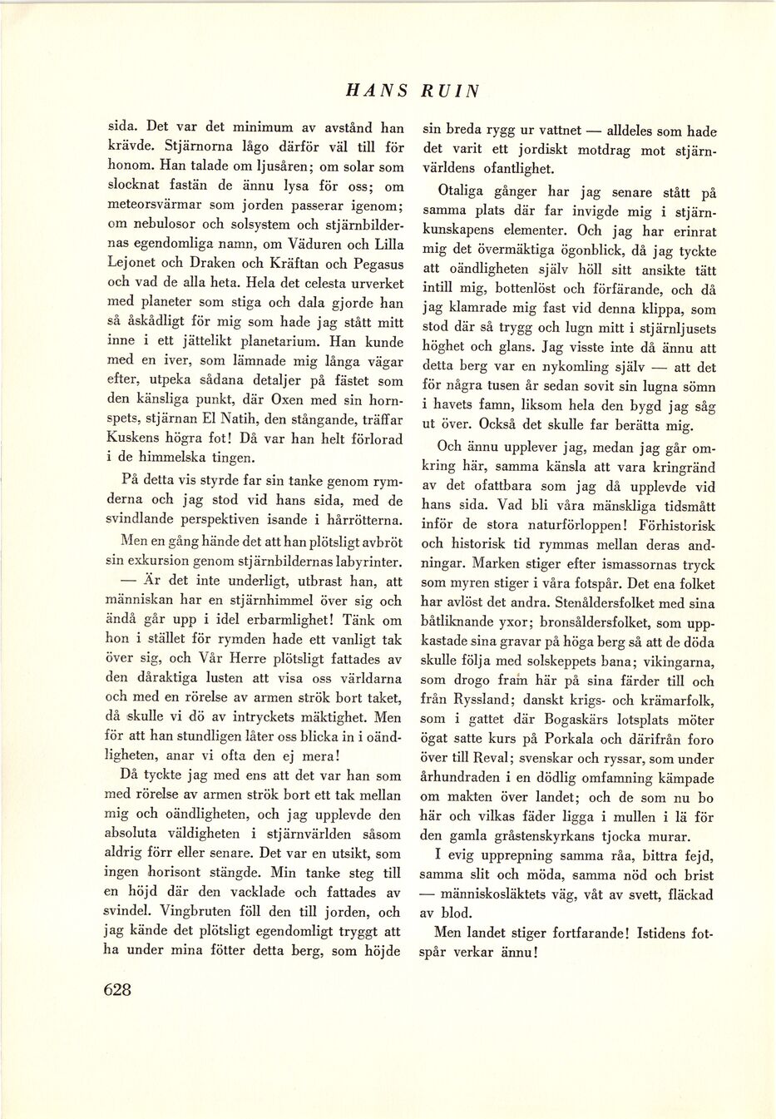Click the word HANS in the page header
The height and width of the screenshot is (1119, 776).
[x=377, y=91]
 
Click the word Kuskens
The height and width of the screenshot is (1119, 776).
[x=134, y=438]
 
